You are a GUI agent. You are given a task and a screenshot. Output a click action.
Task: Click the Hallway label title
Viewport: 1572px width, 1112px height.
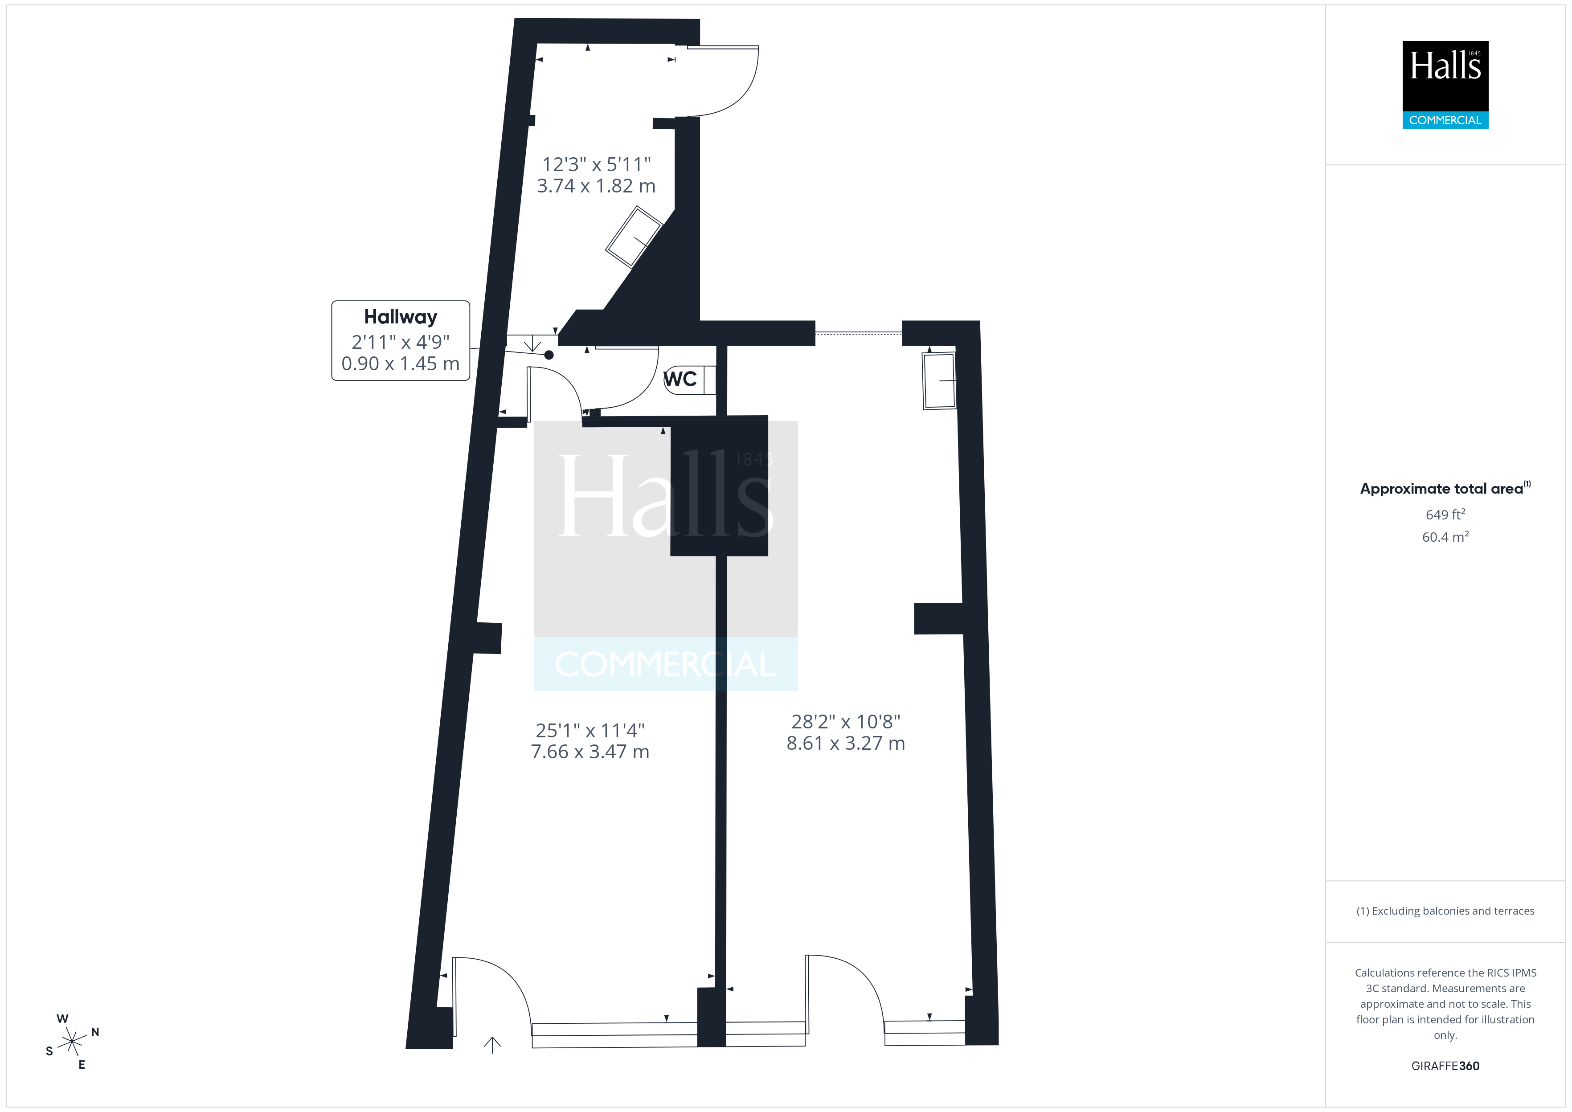[401, 317]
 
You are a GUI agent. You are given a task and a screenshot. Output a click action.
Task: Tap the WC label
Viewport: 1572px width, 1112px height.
[680, 379]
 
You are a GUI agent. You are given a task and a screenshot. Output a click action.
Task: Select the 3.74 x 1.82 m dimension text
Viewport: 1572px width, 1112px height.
[596, 186]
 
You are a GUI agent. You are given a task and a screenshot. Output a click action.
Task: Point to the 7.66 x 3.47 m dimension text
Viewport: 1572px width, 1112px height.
[590, 752]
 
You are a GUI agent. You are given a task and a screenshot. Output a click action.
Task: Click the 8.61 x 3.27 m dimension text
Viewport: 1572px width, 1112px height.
[846, 744]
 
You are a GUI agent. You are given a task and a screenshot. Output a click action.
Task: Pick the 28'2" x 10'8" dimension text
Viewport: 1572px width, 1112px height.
[846, 722]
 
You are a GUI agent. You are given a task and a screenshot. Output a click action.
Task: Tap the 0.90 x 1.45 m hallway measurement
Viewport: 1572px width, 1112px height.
[401, 364]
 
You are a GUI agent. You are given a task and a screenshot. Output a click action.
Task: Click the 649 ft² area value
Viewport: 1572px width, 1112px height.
[1445, 514]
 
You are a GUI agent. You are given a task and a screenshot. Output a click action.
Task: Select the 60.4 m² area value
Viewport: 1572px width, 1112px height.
[1445, 537]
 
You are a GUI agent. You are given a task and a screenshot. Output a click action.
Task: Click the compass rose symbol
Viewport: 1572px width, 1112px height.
[72, 1042]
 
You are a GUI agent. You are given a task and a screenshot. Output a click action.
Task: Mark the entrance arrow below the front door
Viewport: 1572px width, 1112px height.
[492, 1045]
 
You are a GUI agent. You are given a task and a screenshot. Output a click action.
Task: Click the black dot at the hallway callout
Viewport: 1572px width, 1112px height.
[549, 355]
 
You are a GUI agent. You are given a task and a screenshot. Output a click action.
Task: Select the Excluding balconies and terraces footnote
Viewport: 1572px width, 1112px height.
[1445, 911]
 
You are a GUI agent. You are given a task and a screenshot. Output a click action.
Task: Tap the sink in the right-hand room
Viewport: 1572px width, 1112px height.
[939, 381]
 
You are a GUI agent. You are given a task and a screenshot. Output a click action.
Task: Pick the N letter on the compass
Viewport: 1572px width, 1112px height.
[95, 1032]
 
